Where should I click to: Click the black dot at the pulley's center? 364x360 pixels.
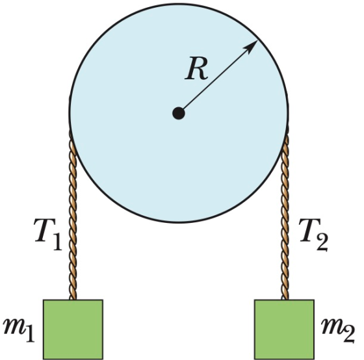179,113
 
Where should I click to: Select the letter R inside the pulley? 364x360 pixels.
196,68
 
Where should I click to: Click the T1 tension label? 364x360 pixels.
48,234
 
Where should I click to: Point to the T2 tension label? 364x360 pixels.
313,235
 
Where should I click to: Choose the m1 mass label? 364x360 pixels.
19,329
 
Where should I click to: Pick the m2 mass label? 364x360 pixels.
338,330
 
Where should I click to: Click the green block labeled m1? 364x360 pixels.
73,329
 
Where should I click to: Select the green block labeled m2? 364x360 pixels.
285,329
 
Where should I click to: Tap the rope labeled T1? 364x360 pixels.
72,216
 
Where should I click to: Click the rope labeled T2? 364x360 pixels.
285,216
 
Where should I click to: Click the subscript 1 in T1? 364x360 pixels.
57,241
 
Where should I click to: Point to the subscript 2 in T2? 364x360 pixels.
322,242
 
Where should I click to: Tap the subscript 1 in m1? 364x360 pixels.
30,333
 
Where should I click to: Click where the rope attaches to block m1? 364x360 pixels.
73,300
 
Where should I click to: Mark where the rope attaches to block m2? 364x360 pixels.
285,300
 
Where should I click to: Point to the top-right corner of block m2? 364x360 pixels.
315,300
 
